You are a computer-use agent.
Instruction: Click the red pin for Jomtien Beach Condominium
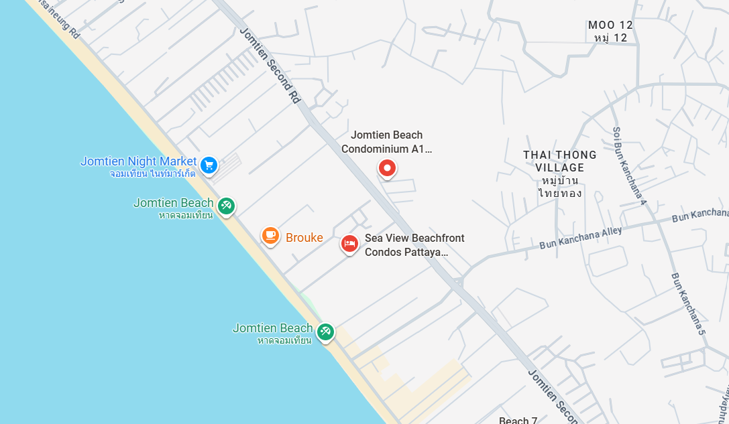(387, 169)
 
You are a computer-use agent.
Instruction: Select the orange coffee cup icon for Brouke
(270, 235)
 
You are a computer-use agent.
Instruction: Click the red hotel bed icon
(349, 244)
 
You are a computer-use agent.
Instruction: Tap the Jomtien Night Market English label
(139, 161)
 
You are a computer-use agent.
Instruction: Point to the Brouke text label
(304, 238)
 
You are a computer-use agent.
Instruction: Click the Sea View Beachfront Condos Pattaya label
(414, 245)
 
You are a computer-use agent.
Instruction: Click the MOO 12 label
(610, 25)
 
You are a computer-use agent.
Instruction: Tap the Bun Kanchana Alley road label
(581, 238)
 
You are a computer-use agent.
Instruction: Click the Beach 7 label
(518, 420)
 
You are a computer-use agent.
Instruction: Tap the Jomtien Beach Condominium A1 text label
(387, 142)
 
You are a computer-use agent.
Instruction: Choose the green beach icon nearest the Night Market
(226, 206)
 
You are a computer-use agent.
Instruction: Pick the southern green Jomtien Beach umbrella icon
(325, 332)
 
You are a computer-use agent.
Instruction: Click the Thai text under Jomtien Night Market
(153, 173)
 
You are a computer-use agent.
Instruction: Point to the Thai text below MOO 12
(610, 38)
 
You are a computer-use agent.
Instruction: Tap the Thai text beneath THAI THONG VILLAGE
(559, 187)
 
